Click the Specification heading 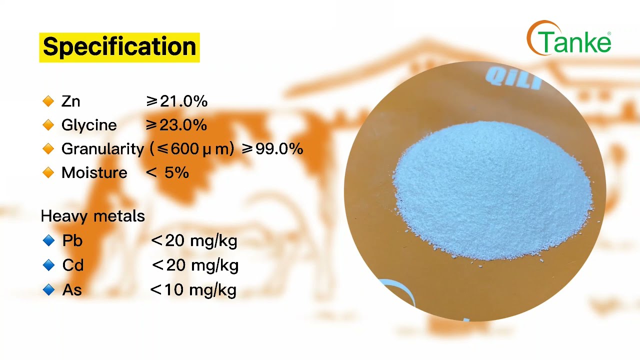119,47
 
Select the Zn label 70,101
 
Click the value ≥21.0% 176,101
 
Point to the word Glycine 89,125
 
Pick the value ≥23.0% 176,125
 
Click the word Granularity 102,149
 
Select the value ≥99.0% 272,149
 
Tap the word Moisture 94,173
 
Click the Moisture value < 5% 167,173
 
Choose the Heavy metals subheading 92,216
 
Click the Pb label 72,241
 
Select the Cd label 73,265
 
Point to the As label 72,290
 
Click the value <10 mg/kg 193,290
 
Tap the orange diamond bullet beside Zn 48,101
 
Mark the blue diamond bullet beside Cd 48,265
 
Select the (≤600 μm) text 192,149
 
